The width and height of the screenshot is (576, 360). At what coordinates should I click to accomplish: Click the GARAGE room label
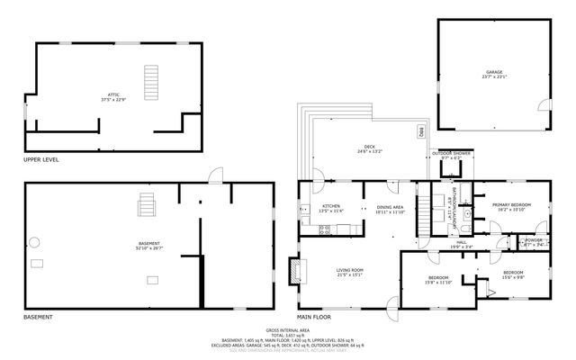(494, 72)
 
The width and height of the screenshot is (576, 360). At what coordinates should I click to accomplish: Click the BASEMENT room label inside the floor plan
(148, 243)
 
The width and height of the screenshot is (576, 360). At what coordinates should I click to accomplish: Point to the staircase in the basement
(145, 207)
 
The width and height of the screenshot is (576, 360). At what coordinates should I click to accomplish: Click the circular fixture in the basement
(35, 240)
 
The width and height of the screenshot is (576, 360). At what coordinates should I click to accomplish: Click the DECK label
(369, 148)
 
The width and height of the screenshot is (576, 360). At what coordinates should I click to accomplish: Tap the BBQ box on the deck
(420, 132)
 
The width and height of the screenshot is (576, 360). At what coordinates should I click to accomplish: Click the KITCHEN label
(331, 206)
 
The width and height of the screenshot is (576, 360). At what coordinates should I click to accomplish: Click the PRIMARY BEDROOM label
(511, 204)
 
